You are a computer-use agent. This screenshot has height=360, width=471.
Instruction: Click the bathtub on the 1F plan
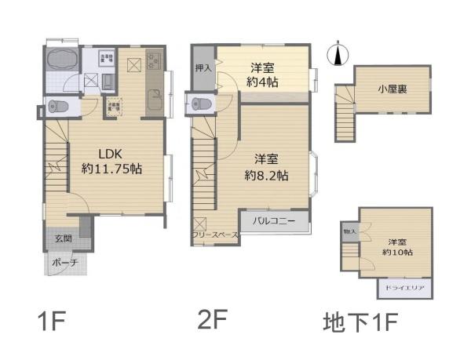click(x=60, y=61)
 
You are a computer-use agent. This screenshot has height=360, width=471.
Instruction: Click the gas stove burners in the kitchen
click(x=152, y=58)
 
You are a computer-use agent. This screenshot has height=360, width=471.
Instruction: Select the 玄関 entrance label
click(x=64, y=238)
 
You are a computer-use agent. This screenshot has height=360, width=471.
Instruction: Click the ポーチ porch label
click(x=65, y=263)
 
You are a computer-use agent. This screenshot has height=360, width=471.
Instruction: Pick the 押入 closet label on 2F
click(x=203, y=68)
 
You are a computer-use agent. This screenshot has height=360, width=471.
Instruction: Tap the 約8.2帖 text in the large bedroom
click(x=266, y=176)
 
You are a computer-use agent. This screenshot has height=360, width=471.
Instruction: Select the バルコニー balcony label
click(x=274, y=222)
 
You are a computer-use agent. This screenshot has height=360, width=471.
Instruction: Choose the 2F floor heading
click(x=212, y=320)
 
